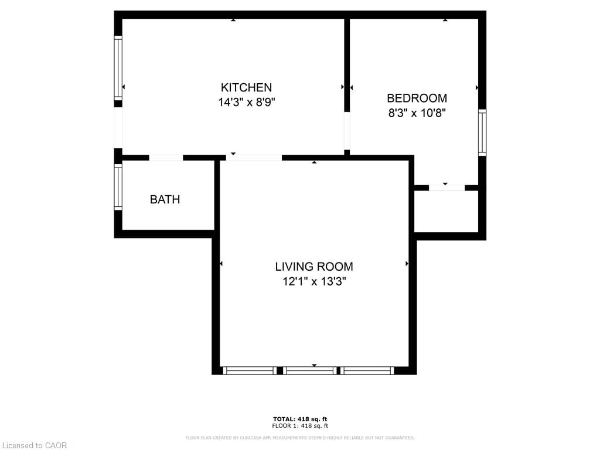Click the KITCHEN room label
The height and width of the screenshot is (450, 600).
(x=246, y=87)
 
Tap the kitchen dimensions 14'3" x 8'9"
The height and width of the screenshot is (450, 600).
(x=246, y=102)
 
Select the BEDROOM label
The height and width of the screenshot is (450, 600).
(x=417, y=98)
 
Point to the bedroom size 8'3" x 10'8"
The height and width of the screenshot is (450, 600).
(x=417, y=113)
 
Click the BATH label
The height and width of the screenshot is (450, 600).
(x=165, y=199)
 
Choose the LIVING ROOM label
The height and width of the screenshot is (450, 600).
(x=314, y=267)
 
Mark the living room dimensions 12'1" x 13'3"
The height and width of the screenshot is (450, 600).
(x=314, y=281)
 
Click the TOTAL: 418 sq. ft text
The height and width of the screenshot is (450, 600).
(x=300, y=418)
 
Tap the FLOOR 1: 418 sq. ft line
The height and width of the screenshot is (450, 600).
(x=300, y=426)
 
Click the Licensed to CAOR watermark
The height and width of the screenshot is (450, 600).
(x=35, y=445)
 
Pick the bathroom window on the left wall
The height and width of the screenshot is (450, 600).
(x=118, y=187)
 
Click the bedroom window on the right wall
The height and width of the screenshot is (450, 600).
(x=482, y=132)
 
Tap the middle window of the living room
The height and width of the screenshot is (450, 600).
(x=310, y=370)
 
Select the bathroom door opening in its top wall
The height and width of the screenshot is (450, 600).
(x=166, y=158)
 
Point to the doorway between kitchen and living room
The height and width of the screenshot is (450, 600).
(x=254, y=158)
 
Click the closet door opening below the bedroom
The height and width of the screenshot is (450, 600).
(x=446, y=188)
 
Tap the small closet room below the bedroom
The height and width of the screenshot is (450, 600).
(x=446, y=211)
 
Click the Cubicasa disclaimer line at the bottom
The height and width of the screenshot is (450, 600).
(x=300, y=438)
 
